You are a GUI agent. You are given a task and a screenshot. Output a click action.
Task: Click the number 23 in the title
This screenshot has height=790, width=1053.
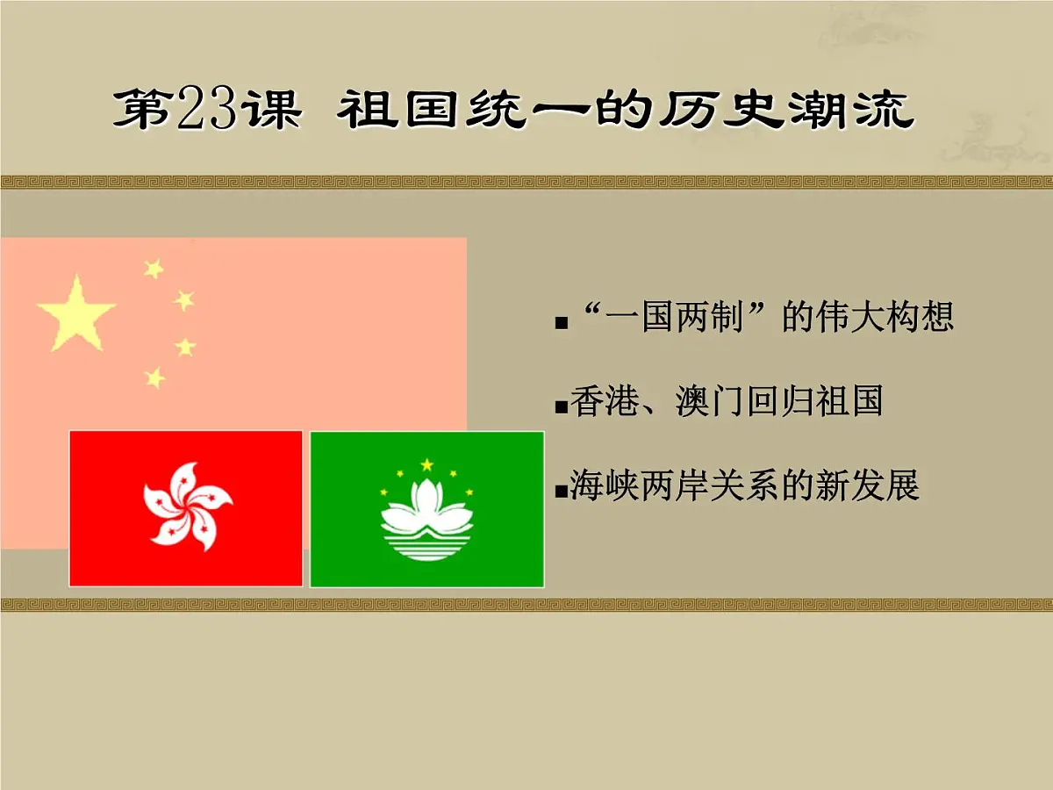208,111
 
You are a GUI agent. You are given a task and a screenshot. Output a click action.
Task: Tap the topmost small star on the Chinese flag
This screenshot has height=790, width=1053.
154,269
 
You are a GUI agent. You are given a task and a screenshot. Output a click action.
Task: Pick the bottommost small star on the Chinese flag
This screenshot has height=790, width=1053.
154,377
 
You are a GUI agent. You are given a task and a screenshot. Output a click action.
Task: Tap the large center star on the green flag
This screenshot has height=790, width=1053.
427,464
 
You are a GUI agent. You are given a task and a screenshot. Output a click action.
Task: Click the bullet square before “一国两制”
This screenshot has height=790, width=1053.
561,324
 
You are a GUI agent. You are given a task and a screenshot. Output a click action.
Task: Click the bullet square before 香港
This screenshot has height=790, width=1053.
561,408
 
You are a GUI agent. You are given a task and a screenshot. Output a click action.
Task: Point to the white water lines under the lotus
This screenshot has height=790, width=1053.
426,548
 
